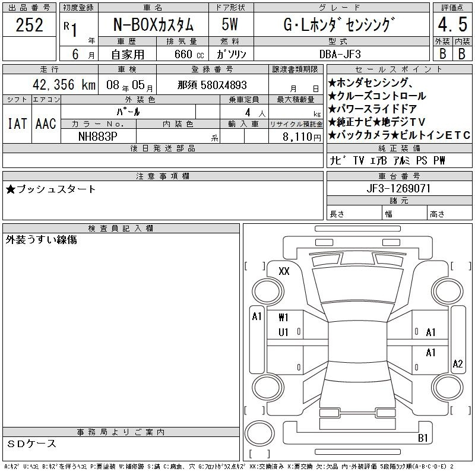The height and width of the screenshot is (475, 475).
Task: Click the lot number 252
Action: pos(29,25)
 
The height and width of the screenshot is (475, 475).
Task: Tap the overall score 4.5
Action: pos(452,24)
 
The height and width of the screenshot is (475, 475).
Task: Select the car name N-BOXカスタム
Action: pos(153,24)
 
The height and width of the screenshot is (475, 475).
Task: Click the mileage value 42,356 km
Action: pos(64,84)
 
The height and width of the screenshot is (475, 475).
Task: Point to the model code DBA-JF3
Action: pos(340,54)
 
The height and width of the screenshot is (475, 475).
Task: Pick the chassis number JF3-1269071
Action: pos(398,188)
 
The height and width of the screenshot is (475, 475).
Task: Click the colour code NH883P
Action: pos(97,137)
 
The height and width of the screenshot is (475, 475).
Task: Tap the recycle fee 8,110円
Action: pos(302,137)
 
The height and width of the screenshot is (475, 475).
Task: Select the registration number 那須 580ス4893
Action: pos(212,85)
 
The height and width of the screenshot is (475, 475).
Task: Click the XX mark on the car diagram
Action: pos(284,271)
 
